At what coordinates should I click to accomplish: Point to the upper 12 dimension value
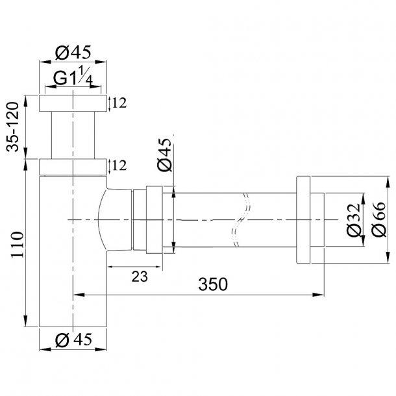pyautogui.click(x=118, y=103)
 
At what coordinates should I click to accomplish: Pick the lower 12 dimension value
pyautogui.click(x=118, y=166)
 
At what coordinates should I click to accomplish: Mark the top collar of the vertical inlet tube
pyautogui.click(x=71, y=103)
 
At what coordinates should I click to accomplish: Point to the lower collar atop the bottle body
pyautogui.click(x=71, y=166)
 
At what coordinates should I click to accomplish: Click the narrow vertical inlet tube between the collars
pyautogui.click(x=71, y=134)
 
